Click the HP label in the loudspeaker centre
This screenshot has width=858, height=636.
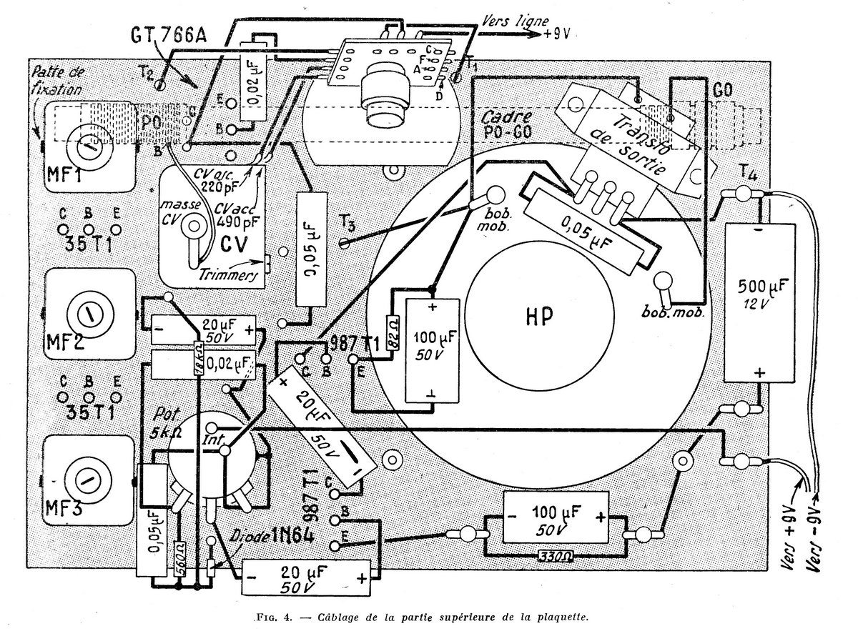pos(538,317)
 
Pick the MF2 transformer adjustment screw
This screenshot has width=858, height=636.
pos(89,312)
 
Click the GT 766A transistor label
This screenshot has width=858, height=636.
pos(169,35)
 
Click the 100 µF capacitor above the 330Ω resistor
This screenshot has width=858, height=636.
pos(556,515)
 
